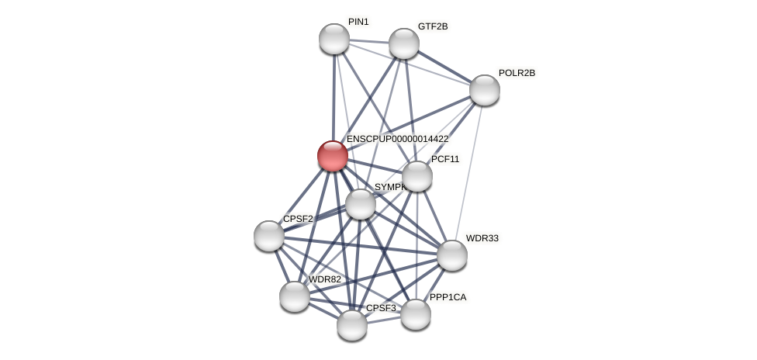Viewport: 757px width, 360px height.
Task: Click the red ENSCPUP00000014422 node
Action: (333, 156)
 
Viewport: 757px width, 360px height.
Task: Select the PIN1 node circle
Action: (334, 39)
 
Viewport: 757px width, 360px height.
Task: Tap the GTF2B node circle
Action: (404, 43)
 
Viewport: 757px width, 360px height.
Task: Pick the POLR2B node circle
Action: (485, 90)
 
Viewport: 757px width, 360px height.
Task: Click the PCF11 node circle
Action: (417, 176)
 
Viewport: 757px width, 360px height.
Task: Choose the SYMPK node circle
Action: (361, 204)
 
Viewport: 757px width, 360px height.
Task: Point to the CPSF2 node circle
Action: (269, 236)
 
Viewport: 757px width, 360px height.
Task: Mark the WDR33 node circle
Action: (452, 255)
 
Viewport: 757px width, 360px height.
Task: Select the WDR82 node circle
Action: (295, 296)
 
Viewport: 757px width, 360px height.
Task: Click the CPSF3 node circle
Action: (352, 325)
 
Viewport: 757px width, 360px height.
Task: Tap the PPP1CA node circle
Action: (416, 314)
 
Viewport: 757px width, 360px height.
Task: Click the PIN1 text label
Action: (358, 22)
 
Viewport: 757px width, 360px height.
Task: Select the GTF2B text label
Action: (433, 26)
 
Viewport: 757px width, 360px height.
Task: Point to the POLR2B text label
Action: (517, 73)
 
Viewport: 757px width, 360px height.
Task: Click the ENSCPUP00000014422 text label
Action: (397, 139)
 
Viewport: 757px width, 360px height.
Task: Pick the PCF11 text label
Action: (445, 159)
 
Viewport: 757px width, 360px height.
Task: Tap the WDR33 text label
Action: (482, 238)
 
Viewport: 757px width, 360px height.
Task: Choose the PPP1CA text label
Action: (448, 297)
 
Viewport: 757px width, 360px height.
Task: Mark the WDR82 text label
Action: (324, 279)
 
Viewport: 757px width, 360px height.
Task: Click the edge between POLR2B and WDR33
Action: (468, 172)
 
